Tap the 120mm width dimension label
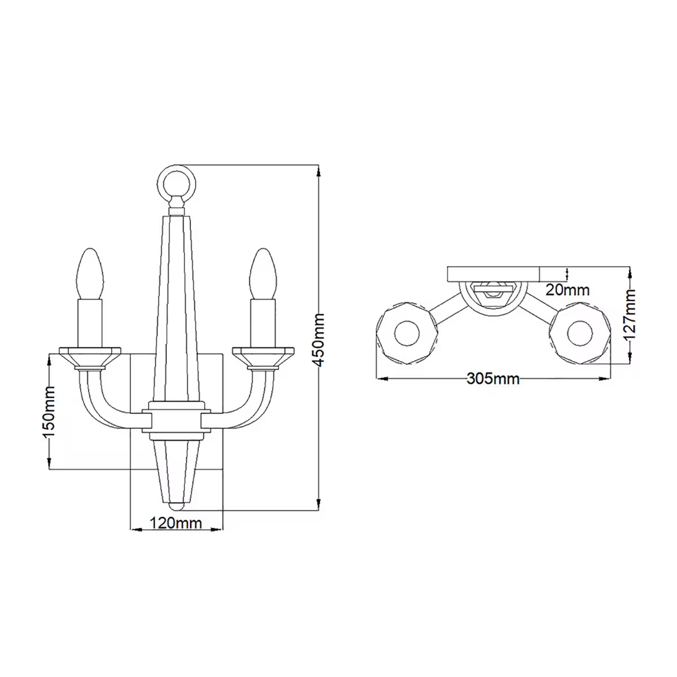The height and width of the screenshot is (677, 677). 175,523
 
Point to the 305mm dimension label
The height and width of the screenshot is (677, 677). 493,379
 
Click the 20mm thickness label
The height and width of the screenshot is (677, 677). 568,290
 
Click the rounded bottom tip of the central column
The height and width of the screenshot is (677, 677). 177,505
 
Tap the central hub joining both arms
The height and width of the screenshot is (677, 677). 177,420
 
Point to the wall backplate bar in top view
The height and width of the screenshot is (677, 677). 493,274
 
